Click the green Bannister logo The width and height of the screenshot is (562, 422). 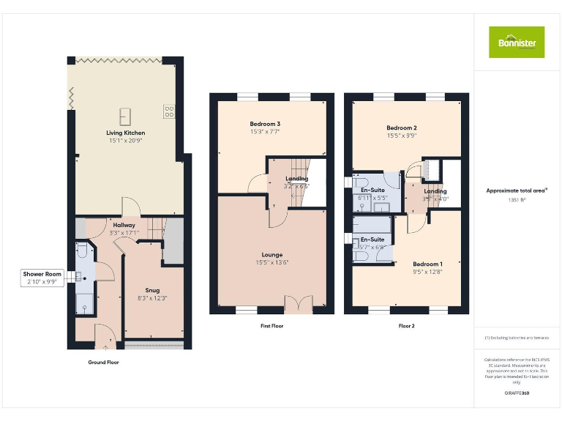click(x=517, y=42)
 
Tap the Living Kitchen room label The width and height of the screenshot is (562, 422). click(x=126, y=133)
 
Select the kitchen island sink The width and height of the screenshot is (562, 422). click(x=125, y=115)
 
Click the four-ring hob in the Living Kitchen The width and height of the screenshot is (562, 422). click(x=169, y=111)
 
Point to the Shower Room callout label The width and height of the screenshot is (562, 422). click(x=43, y=274)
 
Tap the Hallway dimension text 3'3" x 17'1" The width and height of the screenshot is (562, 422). click(x=124, y=232)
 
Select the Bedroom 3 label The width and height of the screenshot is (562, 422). click(x=265, y=124)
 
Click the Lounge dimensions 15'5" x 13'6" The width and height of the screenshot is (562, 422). click(x=271, y=262)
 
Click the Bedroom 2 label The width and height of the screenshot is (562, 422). click(x=402, y=128)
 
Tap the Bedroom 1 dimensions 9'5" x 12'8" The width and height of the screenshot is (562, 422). click(x=427, y=271)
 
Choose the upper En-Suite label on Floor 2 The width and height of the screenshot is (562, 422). click(x=372, y=190)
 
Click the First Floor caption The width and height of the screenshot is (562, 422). click(x=271, y=325)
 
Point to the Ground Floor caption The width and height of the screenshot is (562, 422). click(x=103, y=362)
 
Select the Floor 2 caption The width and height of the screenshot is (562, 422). click(x=407, y=325)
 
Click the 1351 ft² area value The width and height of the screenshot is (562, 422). click(x=517, y=199)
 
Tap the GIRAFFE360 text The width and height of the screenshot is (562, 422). click(x=517, y=393)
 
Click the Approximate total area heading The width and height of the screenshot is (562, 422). click(x=517, y=190)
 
